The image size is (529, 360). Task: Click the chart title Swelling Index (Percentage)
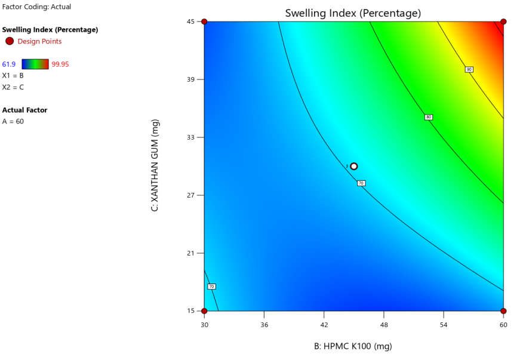pyautogui.click(x=353, y=13)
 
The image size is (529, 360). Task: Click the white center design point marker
pyautogui.click(x=354, y=167)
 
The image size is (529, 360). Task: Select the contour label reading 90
pyautogui.click(x=469, y=70)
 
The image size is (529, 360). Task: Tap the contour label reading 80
pyautogui.click(x=428, y=117)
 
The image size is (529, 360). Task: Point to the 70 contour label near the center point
pyautogui.click(x=361, y=183)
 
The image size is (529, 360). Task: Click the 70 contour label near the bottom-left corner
pyautogui.click(x=211, y=287)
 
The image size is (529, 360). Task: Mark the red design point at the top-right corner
pyautogui.click(x=503, y=21)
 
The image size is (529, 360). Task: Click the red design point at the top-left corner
pyautogui.click(x=204, y=21)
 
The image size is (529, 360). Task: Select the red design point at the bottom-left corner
pyautogui.click(x=204, y=311)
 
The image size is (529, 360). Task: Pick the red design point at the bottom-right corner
pyautogui.click(x=503, y=311)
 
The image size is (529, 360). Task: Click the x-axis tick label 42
pyautogui.click(x=324, y=324)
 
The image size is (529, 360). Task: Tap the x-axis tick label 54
pyautogui.click(x=443, y=324)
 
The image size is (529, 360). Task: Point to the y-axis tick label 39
pyautogui.click(x=192, y=79)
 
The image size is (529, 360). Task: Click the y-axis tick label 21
pyautogui.click(x=192, y=253)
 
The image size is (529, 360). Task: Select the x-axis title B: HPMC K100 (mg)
pyautogui.click(x=353, y=346)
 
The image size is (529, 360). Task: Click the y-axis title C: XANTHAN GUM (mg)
pyautogui.click(x=155, y=165)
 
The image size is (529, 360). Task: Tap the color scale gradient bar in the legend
pyautogui.click(x=35, y=64)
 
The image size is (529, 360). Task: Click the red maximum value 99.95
pyautogui.click(x=61, y=64)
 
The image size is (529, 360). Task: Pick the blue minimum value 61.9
pyautogui.click(x=9, y=64)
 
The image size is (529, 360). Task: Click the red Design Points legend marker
pyautogui.click(x=10, y=41)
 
